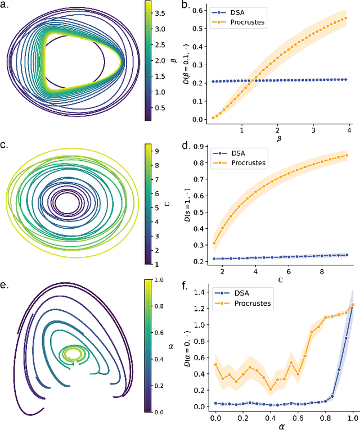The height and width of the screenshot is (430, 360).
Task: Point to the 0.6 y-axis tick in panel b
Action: coord(198,10)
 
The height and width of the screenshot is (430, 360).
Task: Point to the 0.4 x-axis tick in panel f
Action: coord(271,419)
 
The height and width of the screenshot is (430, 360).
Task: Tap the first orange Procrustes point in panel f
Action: coord(216,365)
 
